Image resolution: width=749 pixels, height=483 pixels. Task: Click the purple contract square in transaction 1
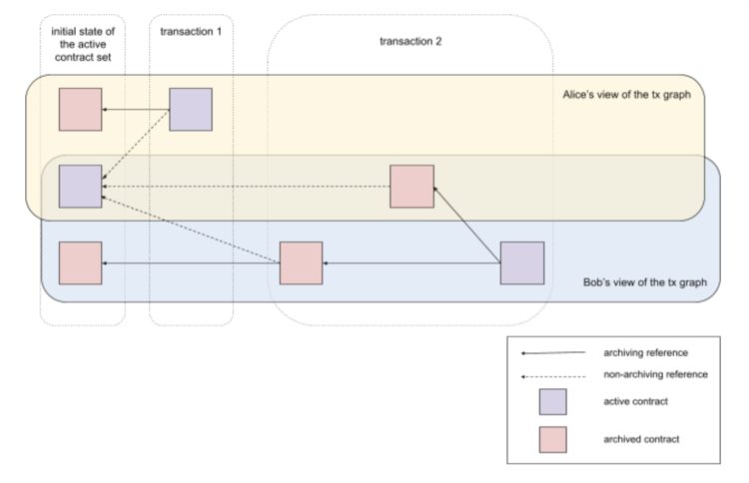coord(190,109)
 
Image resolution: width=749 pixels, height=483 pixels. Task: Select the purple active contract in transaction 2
coord(521,263)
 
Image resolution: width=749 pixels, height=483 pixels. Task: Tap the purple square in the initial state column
coord(80,187)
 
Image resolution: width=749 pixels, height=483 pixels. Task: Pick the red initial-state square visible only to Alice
coord(80,109)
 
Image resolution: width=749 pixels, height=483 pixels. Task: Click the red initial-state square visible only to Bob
coord(80,262)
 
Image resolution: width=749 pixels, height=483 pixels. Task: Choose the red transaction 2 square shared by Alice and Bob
coord(411,187)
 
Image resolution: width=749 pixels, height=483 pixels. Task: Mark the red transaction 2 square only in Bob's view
coord(301,262)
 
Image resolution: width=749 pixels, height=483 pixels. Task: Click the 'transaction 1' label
coord(191,31)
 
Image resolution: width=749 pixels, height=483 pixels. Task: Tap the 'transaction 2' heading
coord(410,42)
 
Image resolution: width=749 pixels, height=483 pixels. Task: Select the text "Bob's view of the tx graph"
coord(645,282)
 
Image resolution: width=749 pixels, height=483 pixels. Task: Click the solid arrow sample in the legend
coord(552,352)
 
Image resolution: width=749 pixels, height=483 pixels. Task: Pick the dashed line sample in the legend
coord(552,374)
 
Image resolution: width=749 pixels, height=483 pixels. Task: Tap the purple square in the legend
coord(552,402)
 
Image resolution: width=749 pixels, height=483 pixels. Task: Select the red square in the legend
coord(552,439)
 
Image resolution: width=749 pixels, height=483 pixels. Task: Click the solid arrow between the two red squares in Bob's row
coord(190,262)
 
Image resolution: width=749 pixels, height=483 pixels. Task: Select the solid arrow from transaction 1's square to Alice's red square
coord(135,109)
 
